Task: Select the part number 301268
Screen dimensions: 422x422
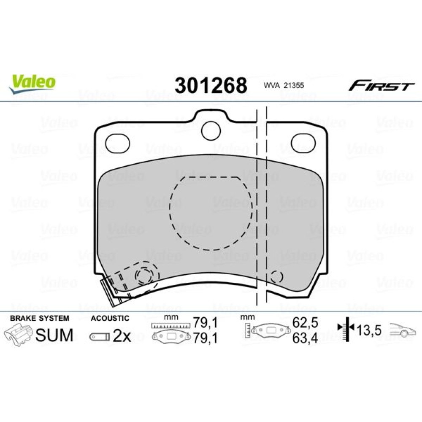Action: (211, 85)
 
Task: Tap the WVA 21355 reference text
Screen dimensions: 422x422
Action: (284, 86)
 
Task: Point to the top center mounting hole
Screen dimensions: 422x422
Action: (211, 131)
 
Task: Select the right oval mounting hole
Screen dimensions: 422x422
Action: (303, 143)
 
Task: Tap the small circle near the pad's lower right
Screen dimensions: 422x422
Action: (277, 276)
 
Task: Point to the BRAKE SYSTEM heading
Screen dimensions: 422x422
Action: (40, 318)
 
